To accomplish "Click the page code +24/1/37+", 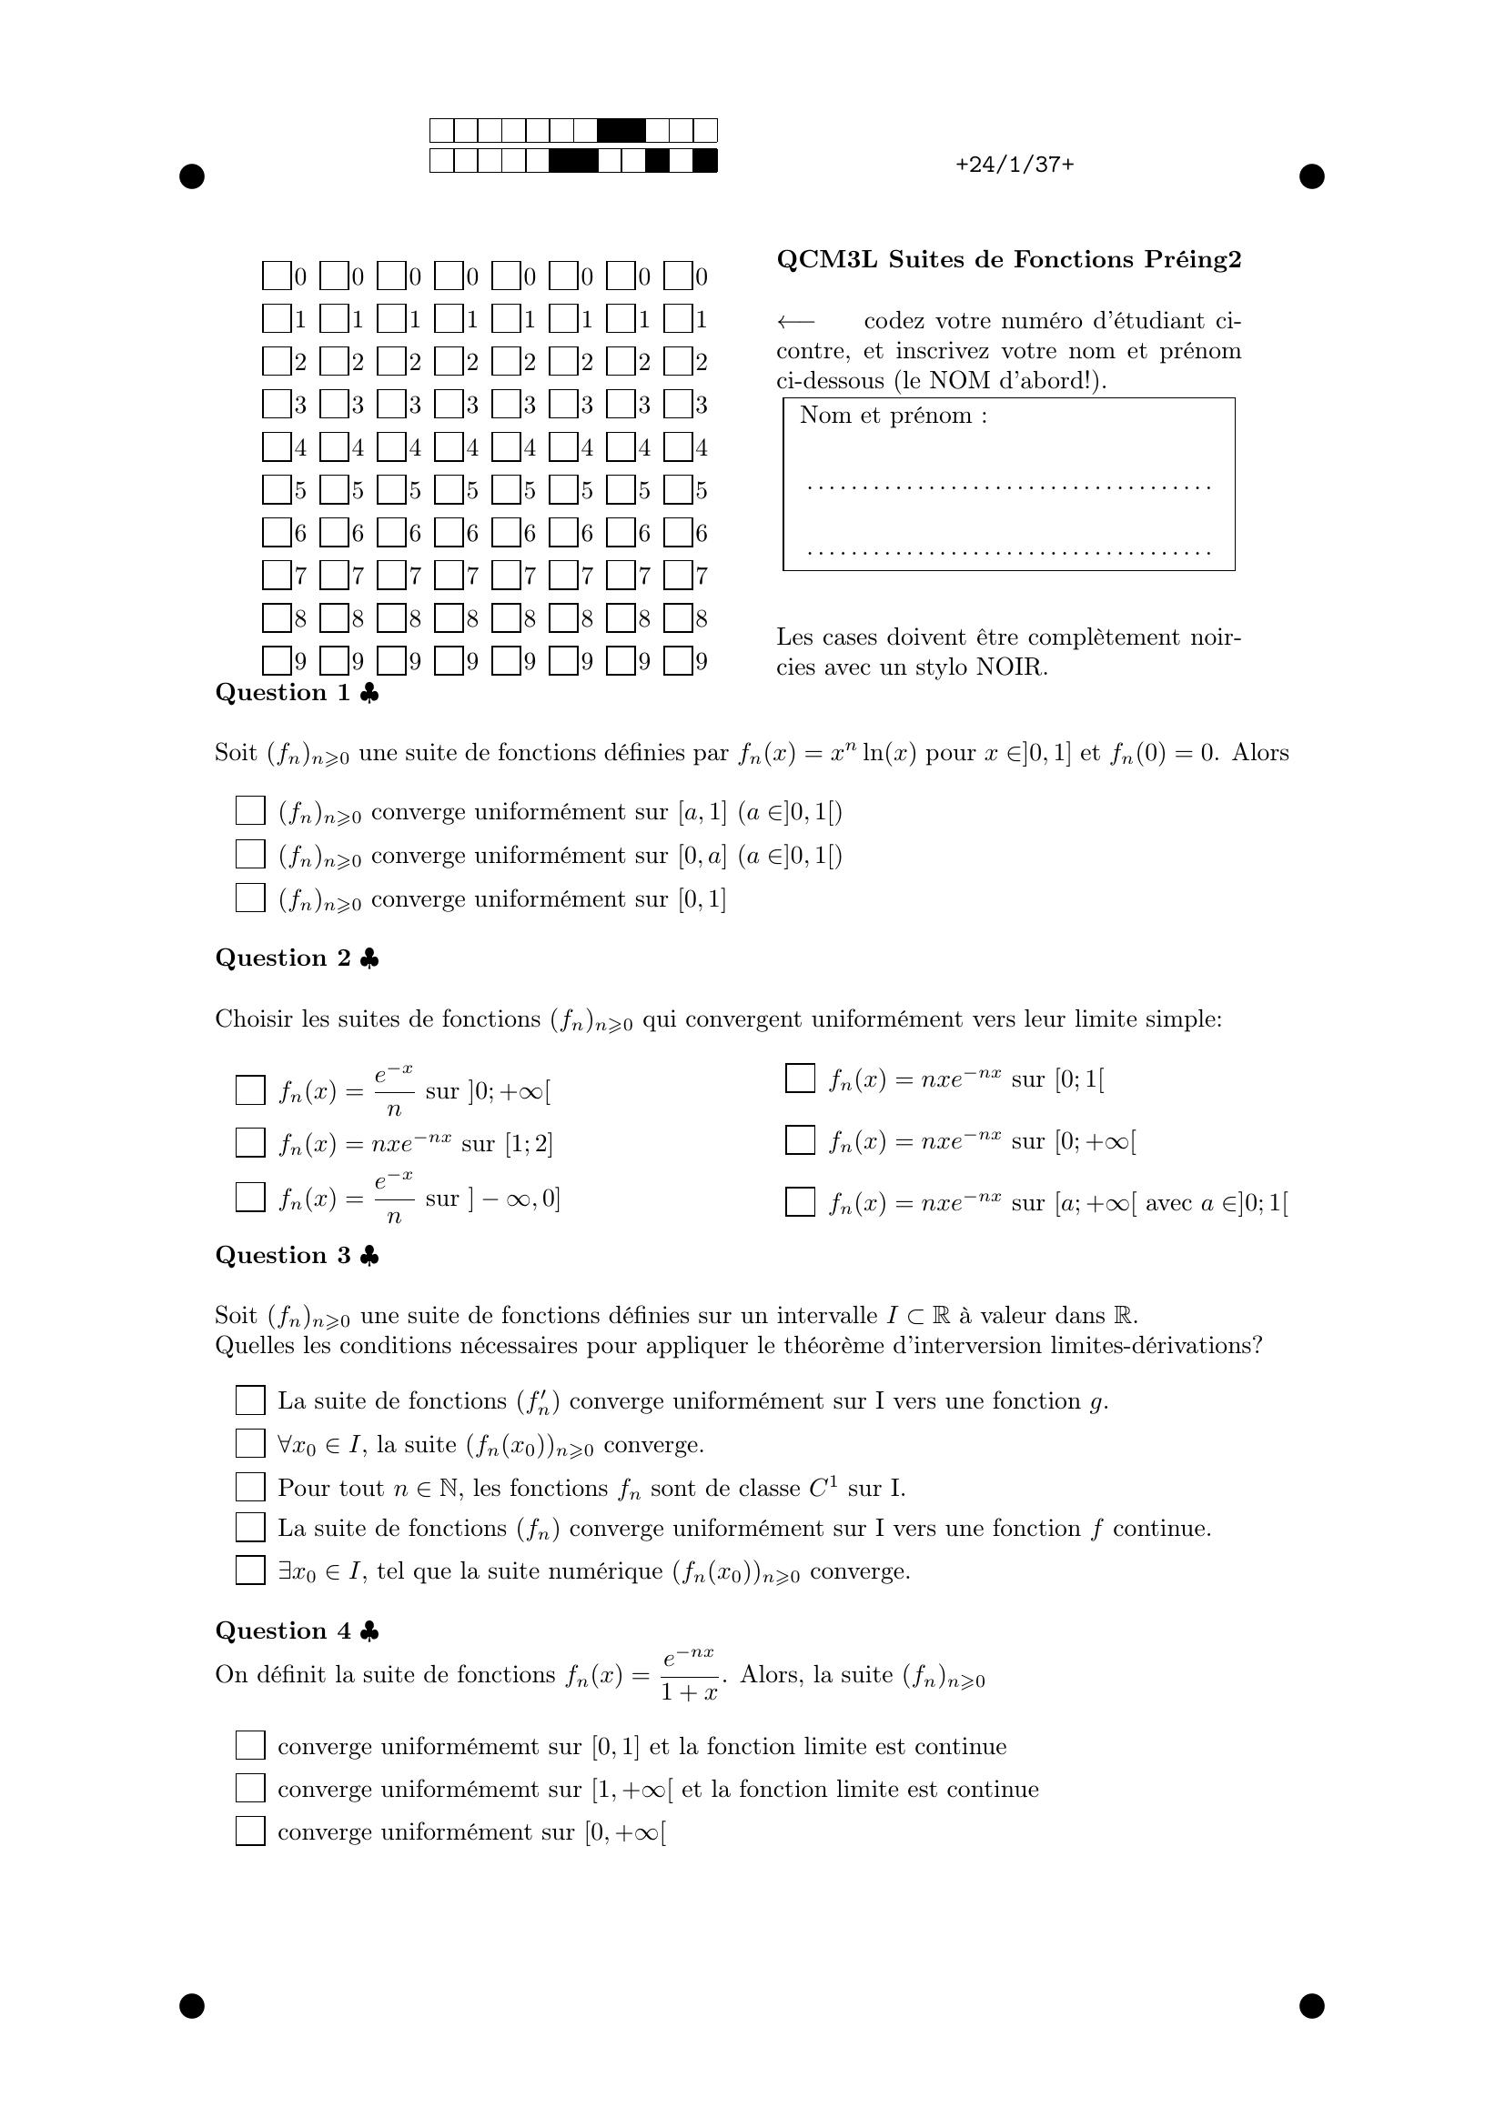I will pyautogui.click(x=1014, y=165).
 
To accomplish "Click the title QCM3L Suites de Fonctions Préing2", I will pyautogui.click(x=1008, y=259).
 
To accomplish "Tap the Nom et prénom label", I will pyautogui.click(x=893, y=415).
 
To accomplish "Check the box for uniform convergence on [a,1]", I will pyautogui.click(x=250, y=810).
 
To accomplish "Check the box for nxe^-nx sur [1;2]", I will pyautogui.click(x=250, y=1142).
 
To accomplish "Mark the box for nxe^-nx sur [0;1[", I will pyautogui.click(x=800, y=1079).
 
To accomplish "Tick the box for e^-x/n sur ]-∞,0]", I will pyautogui.click(x=250, y=1197).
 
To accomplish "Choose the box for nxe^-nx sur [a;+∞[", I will pyautogui.click(x=800, y=1201).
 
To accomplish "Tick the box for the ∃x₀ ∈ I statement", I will pyautogui.click(x=250, y=1570).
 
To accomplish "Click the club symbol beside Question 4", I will pyautogui.click(x=369, y=1631).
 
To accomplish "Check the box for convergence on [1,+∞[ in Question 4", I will pyautogui.click(x=250, y=1788).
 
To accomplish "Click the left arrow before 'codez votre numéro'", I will pyautogui.click(x=795, y=321).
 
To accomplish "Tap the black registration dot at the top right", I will pyautogui.click(x=1311, y=176).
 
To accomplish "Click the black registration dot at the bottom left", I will pyautogui.click(x=192, y=2006).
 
